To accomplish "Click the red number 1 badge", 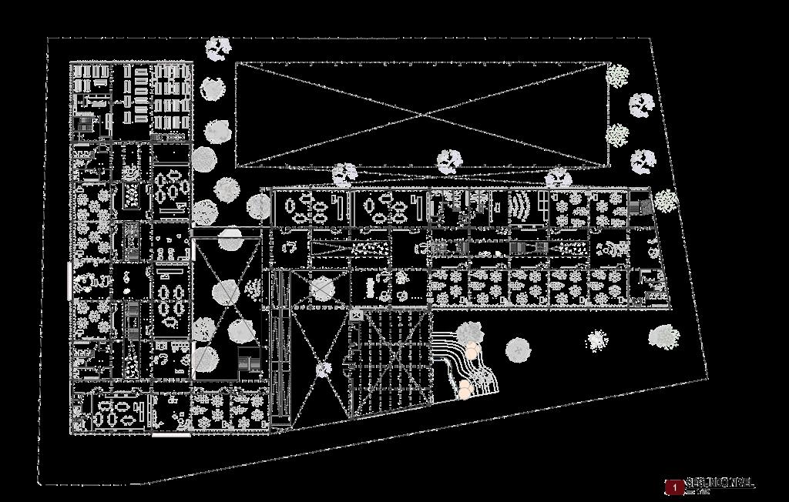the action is click(x=674, y=487).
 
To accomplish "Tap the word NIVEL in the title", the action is click(x=737, y=483).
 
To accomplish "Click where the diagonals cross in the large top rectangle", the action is click(x=420, y=115).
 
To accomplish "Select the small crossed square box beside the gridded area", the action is click(x=356, y=315).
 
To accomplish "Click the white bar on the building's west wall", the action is click(x=70, y=279).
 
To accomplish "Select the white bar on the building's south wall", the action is click(x=171, y=436).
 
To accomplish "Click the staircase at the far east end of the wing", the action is click(x=640, y=207).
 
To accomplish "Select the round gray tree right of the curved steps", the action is click(x=519, y=350).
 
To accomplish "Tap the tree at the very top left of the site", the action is click(x=219, y=49).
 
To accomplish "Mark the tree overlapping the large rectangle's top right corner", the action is click(x=616, y=75).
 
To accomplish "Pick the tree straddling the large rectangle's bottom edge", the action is click(x=449, y=162).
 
